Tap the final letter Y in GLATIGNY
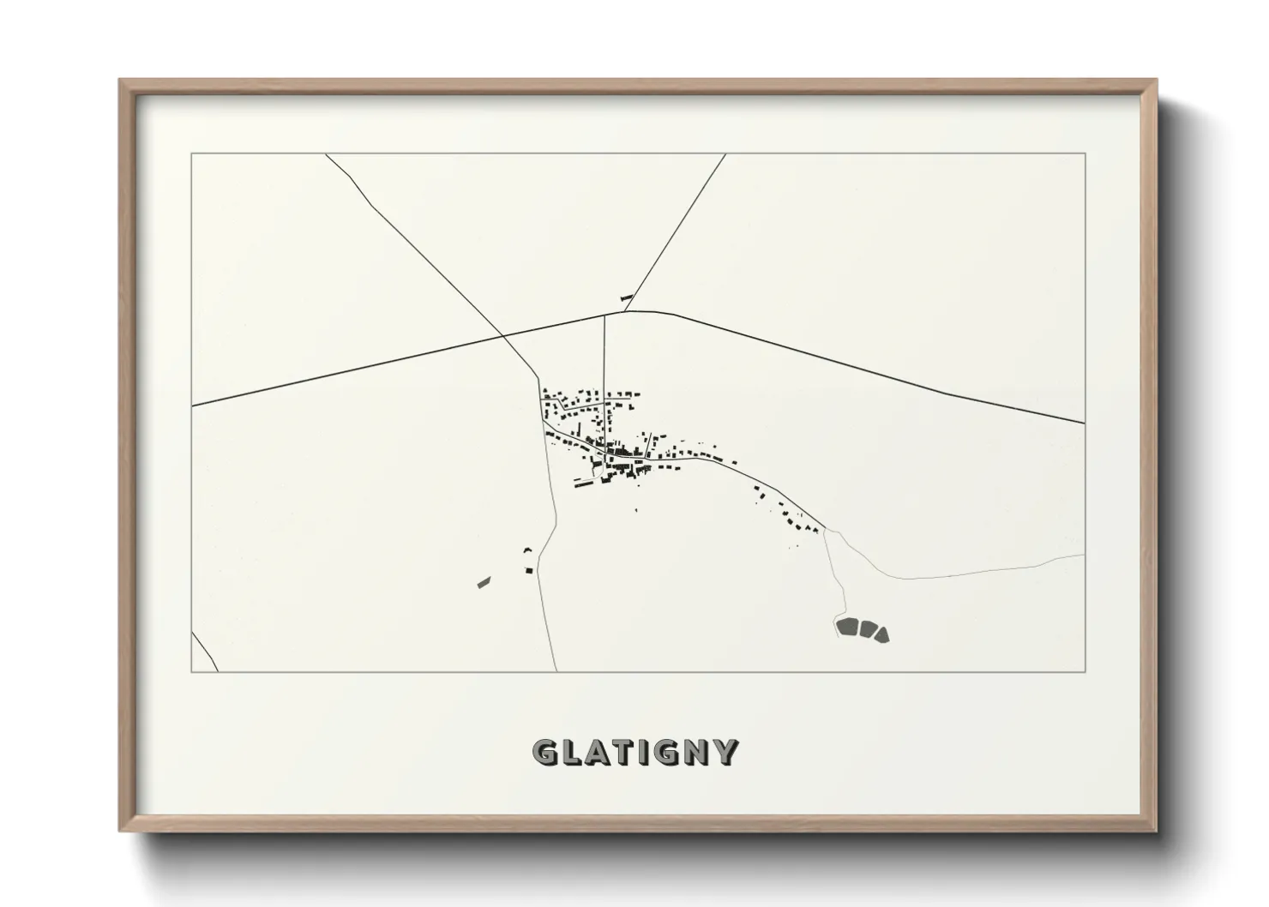pyautogui.click(x=725, y=752)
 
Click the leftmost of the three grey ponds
pyautogui.click(x=847, y=628)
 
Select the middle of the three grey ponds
pyautogui.click(x=866, y=631)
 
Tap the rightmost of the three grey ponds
pyautogui.click(x=881, y=634)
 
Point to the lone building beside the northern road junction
pyautogui.click(x=625, y=297)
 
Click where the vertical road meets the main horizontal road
pyautogui.click(x=604, y=315)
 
